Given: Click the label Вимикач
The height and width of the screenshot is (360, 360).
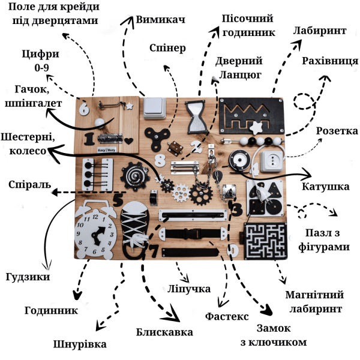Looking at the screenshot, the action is pos(160,20).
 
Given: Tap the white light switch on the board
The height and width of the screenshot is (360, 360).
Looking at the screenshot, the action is pos(155,108).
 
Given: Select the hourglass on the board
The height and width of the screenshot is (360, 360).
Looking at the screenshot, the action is pos(196,117).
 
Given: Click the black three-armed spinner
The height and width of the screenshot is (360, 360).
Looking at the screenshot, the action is pos(157,138).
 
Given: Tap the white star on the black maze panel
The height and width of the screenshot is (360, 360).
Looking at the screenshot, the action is pos(256,128).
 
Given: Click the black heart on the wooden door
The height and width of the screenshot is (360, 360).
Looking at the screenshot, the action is pos(128,141).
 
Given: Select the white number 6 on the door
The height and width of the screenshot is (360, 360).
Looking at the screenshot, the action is pos(84,108).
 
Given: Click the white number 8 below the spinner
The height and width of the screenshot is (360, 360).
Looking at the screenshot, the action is pos(160,160).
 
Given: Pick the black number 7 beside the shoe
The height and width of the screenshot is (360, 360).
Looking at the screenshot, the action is pos(154,251).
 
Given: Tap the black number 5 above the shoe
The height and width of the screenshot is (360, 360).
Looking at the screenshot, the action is pos(118,200).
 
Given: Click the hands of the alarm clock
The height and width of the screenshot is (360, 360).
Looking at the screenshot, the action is pos(98,235).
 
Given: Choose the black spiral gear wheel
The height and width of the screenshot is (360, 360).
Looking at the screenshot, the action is pos(135,176).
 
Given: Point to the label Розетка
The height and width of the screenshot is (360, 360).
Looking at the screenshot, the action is pos(337,131).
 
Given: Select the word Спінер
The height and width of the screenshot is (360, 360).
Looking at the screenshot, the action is pos(167,49).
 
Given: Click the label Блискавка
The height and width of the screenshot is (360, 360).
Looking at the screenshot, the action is pos(164,332).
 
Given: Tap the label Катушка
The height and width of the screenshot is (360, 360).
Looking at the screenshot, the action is pos(326,187).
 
